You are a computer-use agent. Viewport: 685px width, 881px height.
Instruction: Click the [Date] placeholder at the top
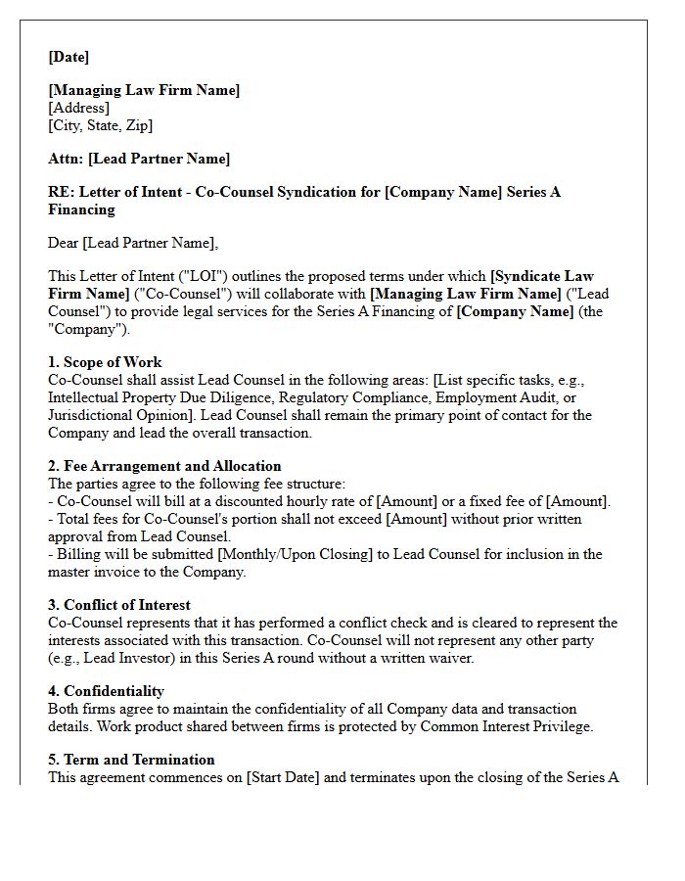click(x=68, y=57)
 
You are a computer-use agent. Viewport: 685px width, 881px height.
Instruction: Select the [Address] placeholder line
click(x=78, y=108)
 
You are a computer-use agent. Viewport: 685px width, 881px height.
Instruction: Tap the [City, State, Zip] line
click(x=100, y=125)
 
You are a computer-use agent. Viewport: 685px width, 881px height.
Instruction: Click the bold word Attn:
click(x=66, y=159)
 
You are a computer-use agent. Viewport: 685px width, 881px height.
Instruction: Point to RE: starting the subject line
click(x=60, y=192)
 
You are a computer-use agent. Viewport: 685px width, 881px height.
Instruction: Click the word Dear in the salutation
click(x=64, y=243)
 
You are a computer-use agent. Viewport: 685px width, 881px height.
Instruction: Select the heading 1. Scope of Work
click(x=105, y=362)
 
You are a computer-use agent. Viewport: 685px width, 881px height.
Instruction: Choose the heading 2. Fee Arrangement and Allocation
click(x=164, y=466)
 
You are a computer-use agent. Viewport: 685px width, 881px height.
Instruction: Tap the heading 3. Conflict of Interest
click(x=119, y=605)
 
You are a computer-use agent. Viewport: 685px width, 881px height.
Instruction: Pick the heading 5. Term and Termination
click(x=131, y=760)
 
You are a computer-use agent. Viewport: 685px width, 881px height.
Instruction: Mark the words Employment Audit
click(x=492, y=397)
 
